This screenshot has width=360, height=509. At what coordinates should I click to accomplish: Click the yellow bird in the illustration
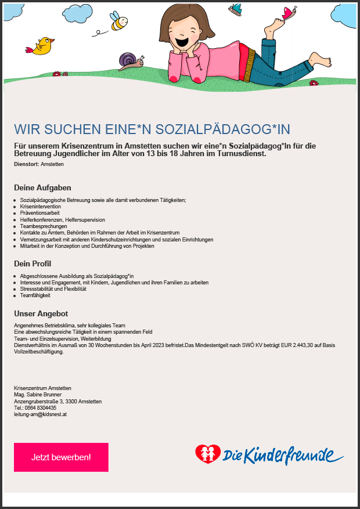click(42, 46)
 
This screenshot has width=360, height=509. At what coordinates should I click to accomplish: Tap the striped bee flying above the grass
click(118, 21)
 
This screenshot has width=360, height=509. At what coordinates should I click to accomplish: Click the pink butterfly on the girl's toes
click(289, 13)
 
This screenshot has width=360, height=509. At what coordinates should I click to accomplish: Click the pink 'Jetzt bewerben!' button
click(61, 457)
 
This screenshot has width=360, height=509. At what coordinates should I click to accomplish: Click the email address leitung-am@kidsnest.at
click(40, 414)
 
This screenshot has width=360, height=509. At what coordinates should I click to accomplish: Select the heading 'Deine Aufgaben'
click(42, 188)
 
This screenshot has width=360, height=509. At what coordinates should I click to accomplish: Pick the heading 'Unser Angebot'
click(41, 314)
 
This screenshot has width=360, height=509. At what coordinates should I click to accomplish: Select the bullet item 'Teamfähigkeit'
click(35, 295)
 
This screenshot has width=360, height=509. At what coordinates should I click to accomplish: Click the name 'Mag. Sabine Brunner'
click(38, 395)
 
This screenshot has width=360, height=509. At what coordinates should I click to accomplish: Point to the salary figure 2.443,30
click(303, 345)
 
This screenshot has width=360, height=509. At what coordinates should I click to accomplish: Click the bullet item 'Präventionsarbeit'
click(40, 213)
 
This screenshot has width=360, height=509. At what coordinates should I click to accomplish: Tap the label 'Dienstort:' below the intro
click(27, 165)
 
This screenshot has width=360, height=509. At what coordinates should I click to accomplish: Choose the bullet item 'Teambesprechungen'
click(44, 226)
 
